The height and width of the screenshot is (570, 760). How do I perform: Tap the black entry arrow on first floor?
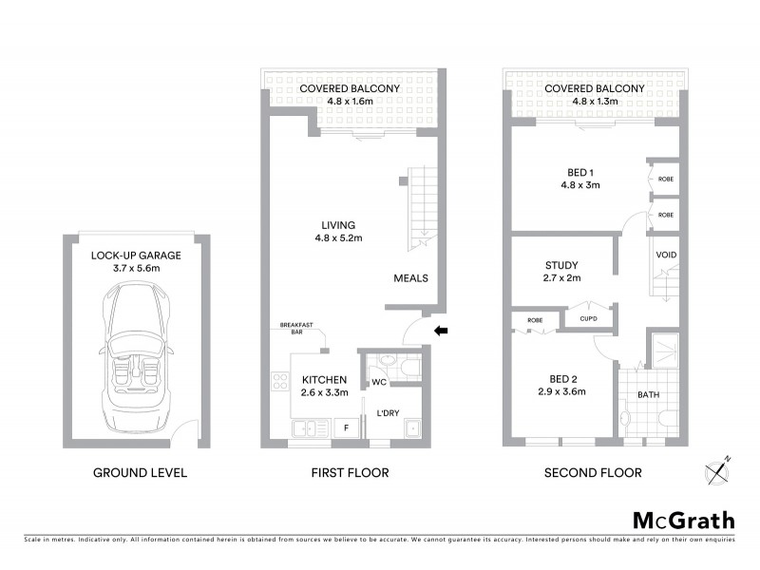(x=439, y=331)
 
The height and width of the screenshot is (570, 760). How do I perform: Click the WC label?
(x=377, y=384)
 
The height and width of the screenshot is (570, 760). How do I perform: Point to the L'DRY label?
(x=388, y=413)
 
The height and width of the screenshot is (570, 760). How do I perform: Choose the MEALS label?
(x=411, y=278)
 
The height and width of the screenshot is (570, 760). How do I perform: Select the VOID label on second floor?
(x=666, y=256)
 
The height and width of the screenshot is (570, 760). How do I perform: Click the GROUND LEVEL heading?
(x=140, y=472)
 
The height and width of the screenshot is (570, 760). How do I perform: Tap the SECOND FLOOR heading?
(x=594, y=472)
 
